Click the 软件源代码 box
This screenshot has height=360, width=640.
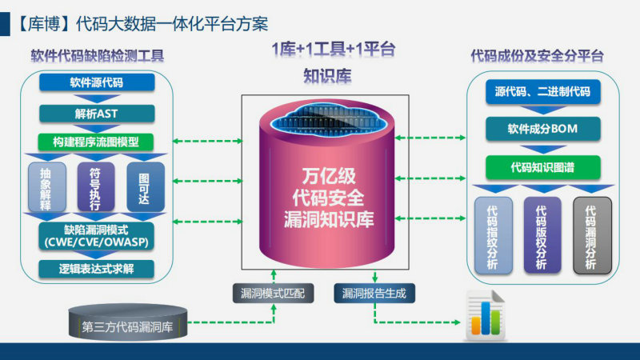coord(97,82)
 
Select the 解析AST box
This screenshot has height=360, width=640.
coord(97,114)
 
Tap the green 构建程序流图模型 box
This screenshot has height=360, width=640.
coord(96,142)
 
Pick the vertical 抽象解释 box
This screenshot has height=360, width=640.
coord(47,187)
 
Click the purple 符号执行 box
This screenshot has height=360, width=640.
coord(96,187)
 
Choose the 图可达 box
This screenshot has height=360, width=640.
coord(146,187)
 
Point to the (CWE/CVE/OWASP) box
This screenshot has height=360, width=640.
coord(96,236)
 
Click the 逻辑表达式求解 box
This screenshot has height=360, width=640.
coord(96,269)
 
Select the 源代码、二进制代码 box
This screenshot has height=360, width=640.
coord(543,92)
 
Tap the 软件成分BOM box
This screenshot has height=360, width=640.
coord(543,129)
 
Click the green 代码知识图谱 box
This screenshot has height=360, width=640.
coord(543,167)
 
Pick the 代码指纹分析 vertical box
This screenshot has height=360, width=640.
coord(494,235)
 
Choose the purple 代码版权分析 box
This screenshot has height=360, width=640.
coord(542,235)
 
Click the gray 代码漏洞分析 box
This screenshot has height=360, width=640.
coord(592,235)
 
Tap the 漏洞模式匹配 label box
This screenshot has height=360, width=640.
coord(273,294)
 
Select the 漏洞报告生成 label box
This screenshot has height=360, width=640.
coord(374,294)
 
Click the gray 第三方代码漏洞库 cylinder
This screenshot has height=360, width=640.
coord(128,322)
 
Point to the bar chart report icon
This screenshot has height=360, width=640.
coord(486,315)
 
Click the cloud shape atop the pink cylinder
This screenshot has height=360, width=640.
coord(327,118)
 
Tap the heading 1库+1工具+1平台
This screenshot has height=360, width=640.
coord(334,50)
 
